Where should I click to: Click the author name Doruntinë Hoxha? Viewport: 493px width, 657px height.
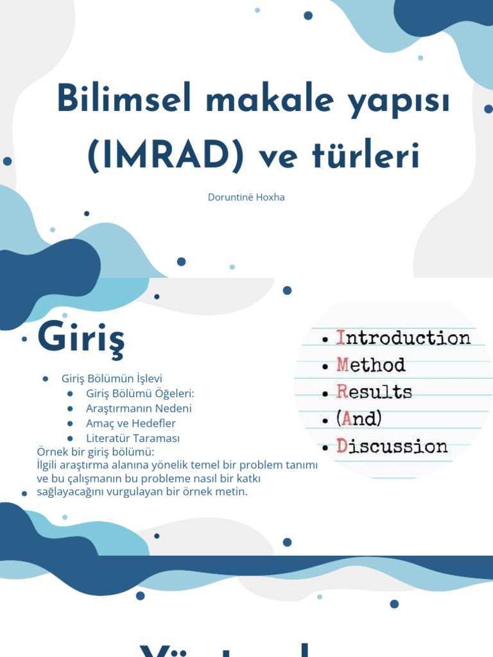point(246,197)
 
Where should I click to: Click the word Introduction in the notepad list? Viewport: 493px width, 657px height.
point(404,338)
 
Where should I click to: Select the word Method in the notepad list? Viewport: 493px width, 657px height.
point(371,365)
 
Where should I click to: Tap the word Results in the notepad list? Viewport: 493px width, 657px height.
point(374,392)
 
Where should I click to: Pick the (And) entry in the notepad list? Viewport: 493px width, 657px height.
point(359,419)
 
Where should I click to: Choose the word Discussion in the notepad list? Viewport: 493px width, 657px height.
point(392,446)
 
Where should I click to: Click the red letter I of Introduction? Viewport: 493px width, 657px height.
point(342,338)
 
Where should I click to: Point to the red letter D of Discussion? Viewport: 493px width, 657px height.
point(342,446)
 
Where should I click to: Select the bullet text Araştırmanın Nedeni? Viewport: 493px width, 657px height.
point(139,408)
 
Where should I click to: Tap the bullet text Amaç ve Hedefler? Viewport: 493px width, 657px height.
point(130,423)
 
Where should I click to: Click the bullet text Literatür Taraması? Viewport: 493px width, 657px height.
point(133,438)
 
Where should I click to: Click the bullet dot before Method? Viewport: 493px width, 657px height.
point(326,366)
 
